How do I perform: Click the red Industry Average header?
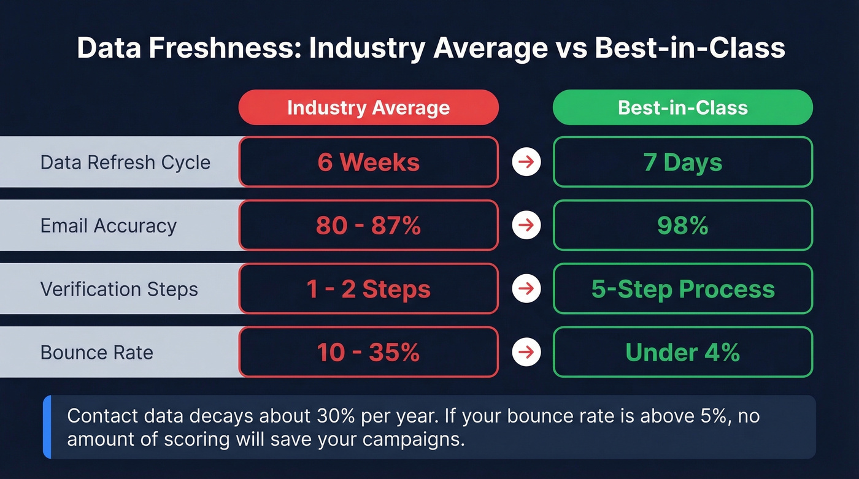click(x=368, y=108)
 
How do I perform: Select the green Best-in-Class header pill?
click(x=682, y=108)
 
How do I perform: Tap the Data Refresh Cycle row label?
click(x=125, y=163)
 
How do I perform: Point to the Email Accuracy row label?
click(x=109, y=226)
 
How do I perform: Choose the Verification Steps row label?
click(x=119, y=289)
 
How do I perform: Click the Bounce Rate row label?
click(x=97, y=353)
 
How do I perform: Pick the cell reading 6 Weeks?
click(x=368, y=163)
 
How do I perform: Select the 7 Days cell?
click(x=682, y=163)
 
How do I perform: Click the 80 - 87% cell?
click(x=368, y=226)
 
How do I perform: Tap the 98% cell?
click(x=682, y=226)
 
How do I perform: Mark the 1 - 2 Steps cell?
click(x=368, y=289)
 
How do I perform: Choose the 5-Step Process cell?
click(x=682, y=289)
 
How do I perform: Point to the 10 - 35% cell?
click(x=368, y=353)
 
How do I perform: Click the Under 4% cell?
click(x=682, y=353)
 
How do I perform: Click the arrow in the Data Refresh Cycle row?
click(x=526, y=163)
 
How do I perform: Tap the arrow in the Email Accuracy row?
click(x=526, y=226)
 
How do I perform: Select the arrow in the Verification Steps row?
click(x=526, y=289)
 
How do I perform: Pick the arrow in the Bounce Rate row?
click(x=526, y=353)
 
